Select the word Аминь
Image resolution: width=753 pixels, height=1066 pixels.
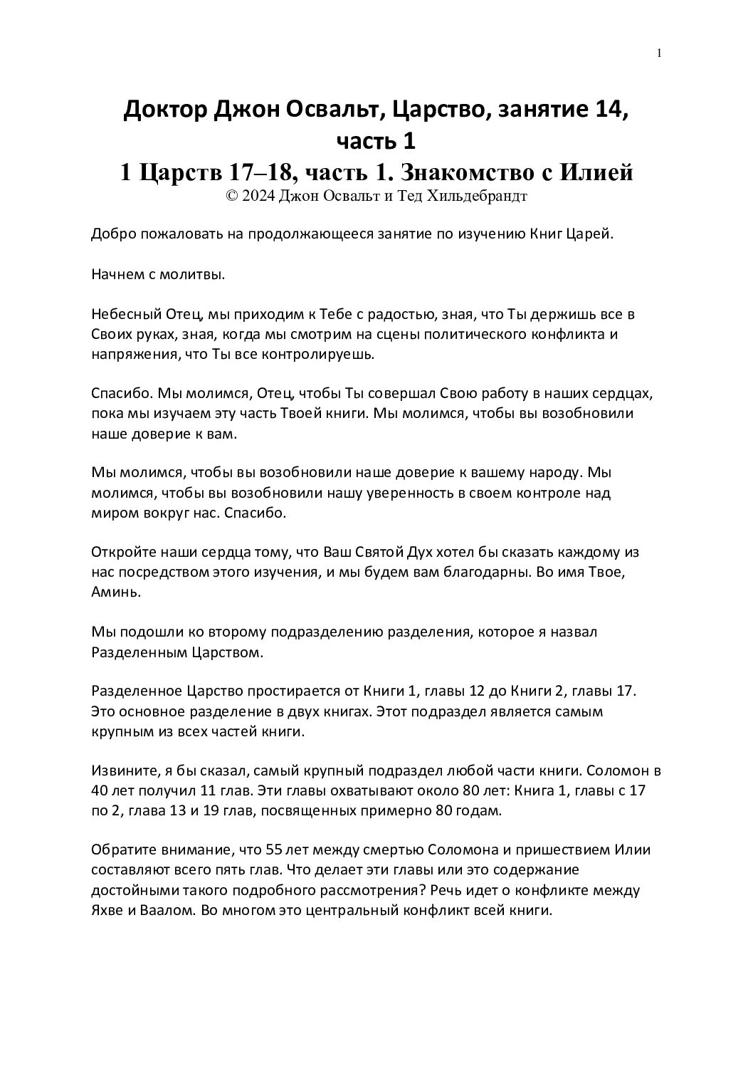[112, 592]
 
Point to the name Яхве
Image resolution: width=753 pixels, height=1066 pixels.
[107, 909]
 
